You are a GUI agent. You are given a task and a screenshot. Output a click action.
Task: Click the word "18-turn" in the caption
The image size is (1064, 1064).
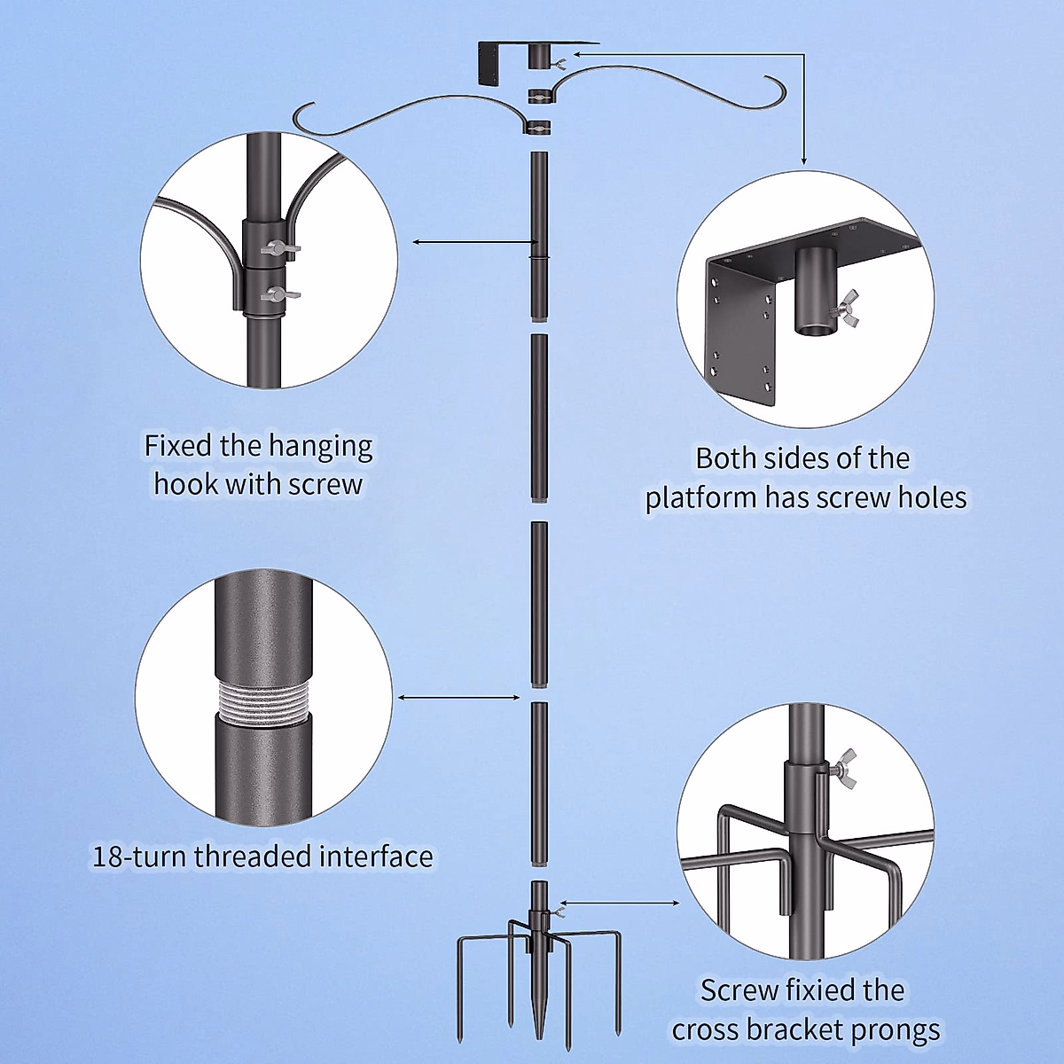click(x=140, y=857)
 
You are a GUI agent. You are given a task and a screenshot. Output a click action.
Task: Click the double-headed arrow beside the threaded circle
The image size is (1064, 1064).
click(x=458, y=698)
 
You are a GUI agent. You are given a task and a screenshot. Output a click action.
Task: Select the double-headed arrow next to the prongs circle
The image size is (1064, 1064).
click(x=620, y=903)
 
